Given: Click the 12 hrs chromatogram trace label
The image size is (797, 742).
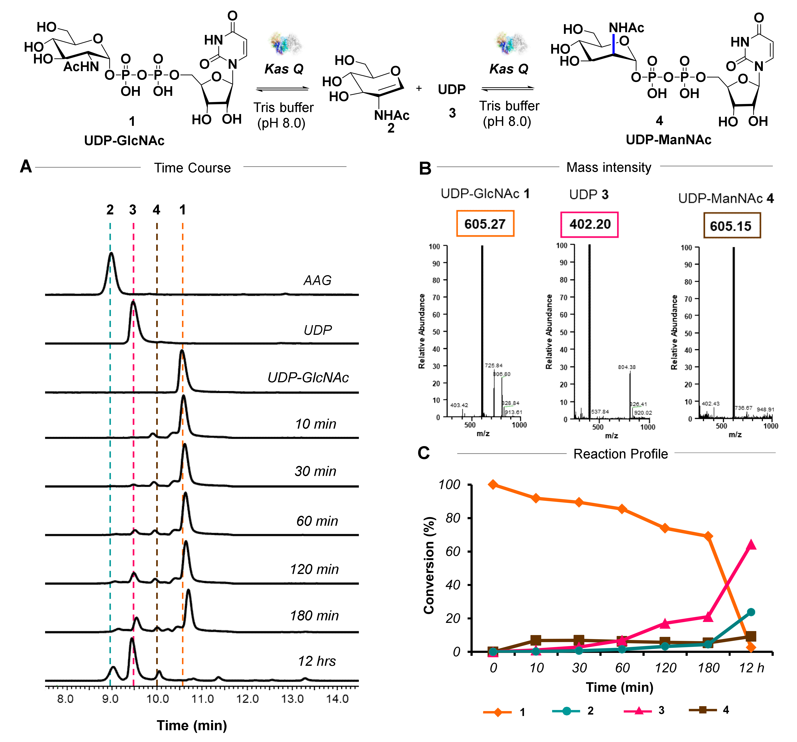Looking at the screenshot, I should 317,661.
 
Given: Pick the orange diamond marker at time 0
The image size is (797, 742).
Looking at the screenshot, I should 493,484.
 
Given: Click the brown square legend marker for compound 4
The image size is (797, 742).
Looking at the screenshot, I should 702,709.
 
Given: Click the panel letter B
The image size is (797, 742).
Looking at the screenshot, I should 425,168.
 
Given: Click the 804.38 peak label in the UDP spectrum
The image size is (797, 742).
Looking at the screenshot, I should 627,367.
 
